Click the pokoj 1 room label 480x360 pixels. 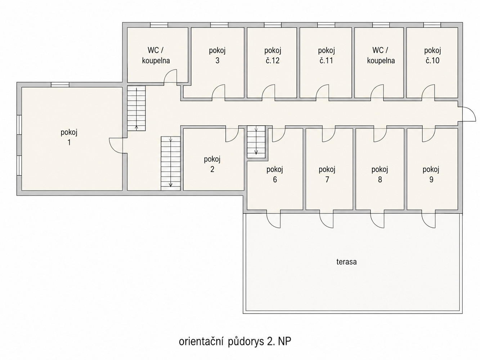[69, 138]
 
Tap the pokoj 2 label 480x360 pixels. [212, 165]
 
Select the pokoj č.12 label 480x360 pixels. [273, 55]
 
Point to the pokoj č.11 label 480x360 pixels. [326, 55]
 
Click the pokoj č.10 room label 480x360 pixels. [432, 55]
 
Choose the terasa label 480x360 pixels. [347, 262]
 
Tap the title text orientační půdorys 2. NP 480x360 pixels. [235, 341]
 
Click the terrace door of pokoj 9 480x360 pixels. [429, 220]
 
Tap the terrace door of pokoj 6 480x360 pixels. [273, 220]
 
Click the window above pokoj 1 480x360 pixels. [60, 85]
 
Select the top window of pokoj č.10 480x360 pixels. [432, 25]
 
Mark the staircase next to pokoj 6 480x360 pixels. [256, 141]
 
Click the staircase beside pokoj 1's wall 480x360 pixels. [136, 108]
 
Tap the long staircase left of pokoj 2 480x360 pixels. [171, 163]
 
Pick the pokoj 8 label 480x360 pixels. [380, 175]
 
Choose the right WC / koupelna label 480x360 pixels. [381, 55]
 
